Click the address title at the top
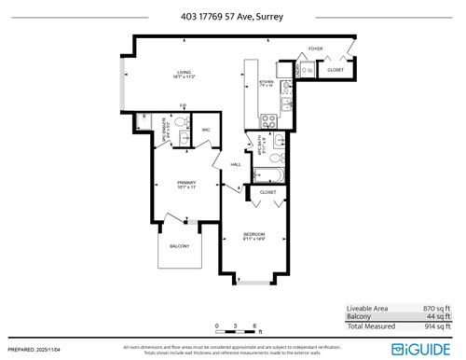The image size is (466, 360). [x=232, y=15]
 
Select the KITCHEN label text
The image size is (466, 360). [x=266, y=84]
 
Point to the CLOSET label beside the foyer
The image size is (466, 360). [x=336, y=69]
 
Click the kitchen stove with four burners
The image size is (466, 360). [x=267, y=119]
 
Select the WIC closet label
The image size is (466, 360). [x=207, y=130]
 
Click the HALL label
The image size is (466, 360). [x=236, y=164]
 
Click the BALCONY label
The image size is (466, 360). [x=179, y=246]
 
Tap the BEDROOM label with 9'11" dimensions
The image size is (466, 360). [x=254, y=235]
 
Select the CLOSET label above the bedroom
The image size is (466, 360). [x=268, y=192]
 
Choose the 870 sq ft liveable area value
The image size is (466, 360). [x=435, y=308]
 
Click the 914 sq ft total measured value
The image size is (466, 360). [x=435, y=325]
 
